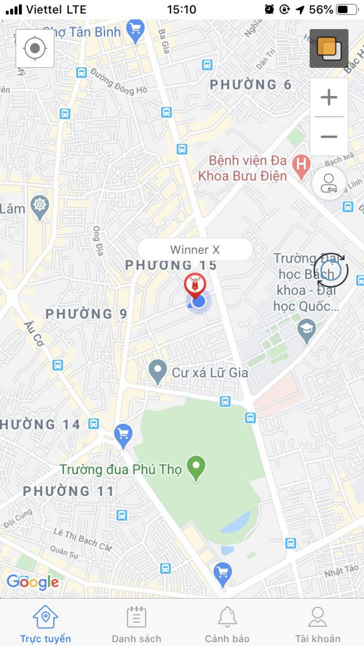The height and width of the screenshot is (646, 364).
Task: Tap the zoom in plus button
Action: point(328,97)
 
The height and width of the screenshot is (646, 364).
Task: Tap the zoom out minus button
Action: point(328,137)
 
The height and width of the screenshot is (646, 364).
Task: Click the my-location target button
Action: point(35,48)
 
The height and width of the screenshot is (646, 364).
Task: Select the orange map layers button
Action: point(328,48)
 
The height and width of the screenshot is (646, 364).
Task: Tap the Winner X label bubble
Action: point(195,250)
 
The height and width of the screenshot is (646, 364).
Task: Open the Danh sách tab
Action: point(136,623)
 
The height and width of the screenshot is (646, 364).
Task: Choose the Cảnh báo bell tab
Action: point(227,623)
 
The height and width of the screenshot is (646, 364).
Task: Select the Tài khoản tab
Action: point(318,623)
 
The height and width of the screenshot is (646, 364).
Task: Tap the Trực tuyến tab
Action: point(45,623)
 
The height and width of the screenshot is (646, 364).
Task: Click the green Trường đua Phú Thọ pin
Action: point(196,467)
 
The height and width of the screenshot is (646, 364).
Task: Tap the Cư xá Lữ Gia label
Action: point(210,373)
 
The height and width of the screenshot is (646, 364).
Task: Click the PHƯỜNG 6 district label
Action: point(251,85)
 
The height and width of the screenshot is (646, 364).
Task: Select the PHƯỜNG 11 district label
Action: point(68,491)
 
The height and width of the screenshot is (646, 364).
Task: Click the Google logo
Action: point(33,582)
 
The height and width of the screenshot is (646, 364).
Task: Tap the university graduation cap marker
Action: point(307,329)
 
